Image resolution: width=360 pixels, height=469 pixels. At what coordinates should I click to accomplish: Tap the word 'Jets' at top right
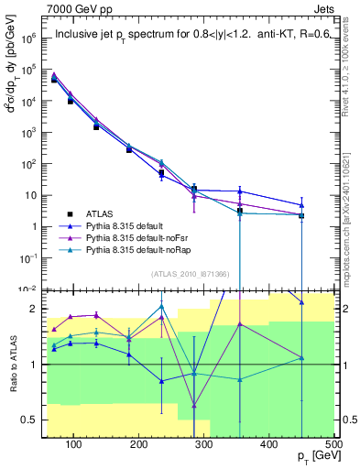pos(324,8)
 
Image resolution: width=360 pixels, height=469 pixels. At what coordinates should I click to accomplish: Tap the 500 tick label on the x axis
pos(333,444)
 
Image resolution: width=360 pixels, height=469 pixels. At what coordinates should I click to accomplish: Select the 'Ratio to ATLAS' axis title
pos(13,365)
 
